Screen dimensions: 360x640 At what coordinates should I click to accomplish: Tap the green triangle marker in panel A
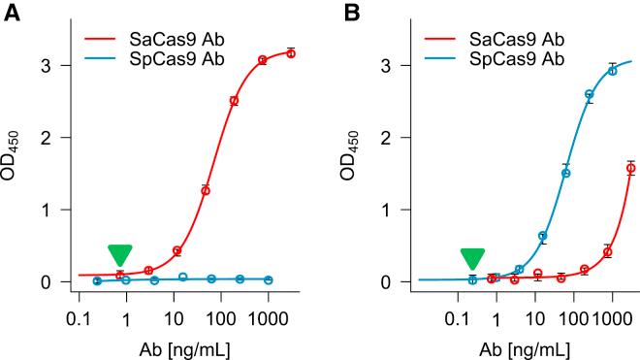coord(119,255)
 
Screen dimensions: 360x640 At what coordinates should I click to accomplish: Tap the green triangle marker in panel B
coord(472,258)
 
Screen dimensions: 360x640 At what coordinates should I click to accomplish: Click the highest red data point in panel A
coord(291,53)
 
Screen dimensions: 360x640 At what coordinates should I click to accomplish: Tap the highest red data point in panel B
coord(630,168)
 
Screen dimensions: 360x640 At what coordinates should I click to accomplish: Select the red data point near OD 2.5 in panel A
coord(234,101)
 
